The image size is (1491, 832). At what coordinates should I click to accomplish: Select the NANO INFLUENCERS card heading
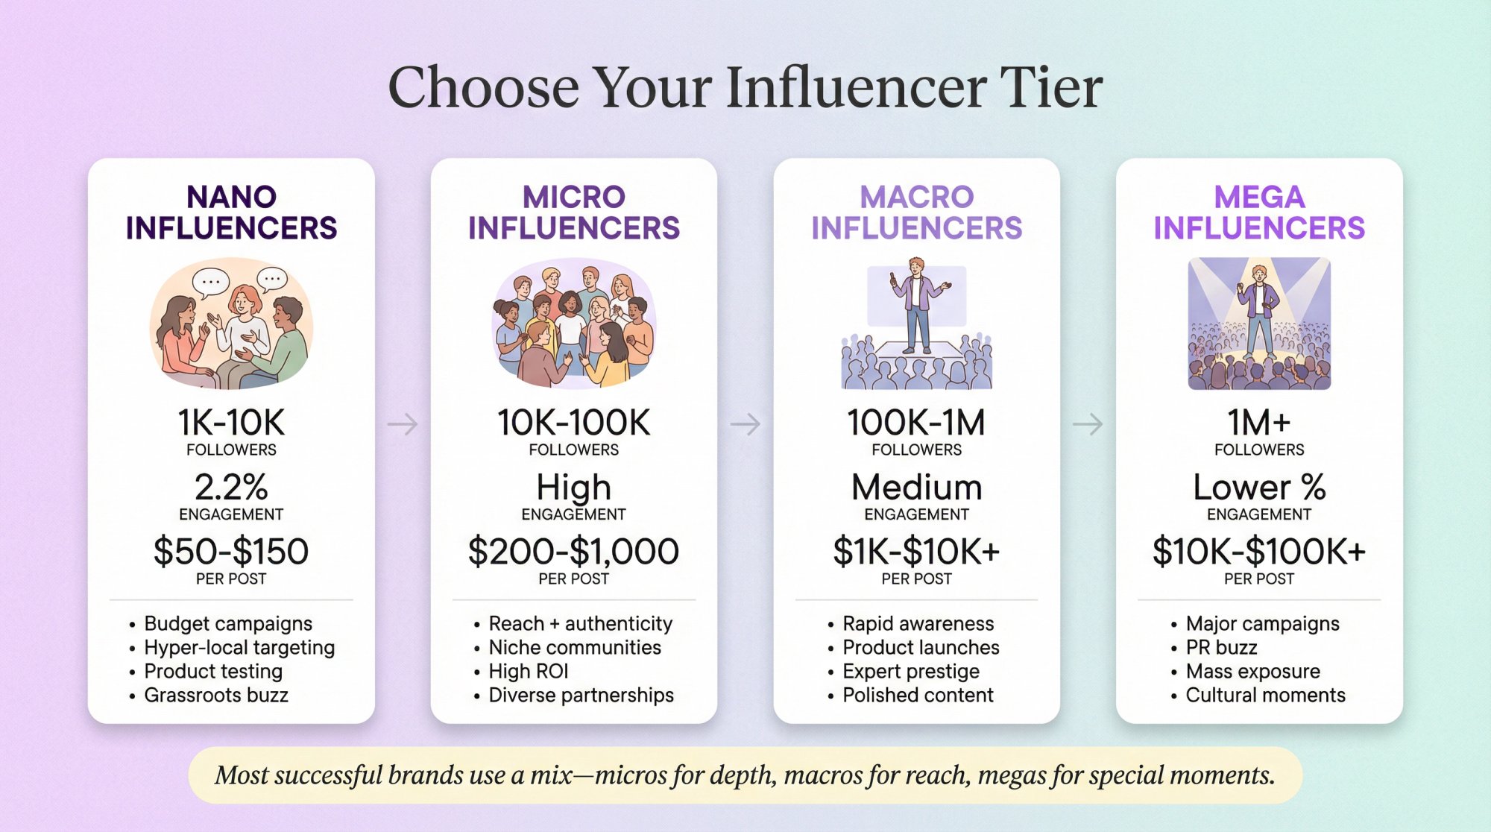click(x=231, y=212)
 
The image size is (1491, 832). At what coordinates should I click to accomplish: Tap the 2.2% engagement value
click(x=231, y=488)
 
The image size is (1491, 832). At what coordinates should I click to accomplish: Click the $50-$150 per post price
click(x=231, y=552)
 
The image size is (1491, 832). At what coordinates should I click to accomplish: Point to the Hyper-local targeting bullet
click(x=239, y=647)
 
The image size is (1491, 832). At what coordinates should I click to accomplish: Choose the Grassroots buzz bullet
click(x=216, y=695)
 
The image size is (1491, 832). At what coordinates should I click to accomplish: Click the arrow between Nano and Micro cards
click(x=403, y=424)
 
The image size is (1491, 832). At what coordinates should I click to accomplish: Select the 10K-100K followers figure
click(x=574, y=423)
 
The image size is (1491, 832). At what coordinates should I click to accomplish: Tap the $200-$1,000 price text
click(x=574, y=552)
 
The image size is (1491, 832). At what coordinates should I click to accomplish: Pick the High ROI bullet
click(x=529, y=671)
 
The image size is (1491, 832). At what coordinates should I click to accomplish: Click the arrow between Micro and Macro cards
click(x=745, y=424)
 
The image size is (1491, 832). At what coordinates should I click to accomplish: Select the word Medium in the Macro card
click(x=917, y=488)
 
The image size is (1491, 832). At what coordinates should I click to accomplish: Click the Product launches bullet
click(x=921, y=647)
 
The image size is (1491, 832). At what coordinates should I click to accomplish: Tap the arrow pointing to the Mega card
click(x=1088, y=424)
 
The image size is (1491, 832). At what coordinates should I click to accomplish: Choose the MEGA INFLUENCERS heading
click(x=1259, y=212)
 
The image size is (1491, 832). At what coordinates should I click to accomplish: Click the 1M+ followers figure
click(x=1259, y=423)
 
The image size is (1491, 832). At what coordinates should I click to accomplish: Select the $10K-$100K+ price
click(x=1259, y=552)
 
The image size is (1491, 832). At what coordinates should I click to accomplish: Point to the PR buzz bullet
click(x=1221, y=647)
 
